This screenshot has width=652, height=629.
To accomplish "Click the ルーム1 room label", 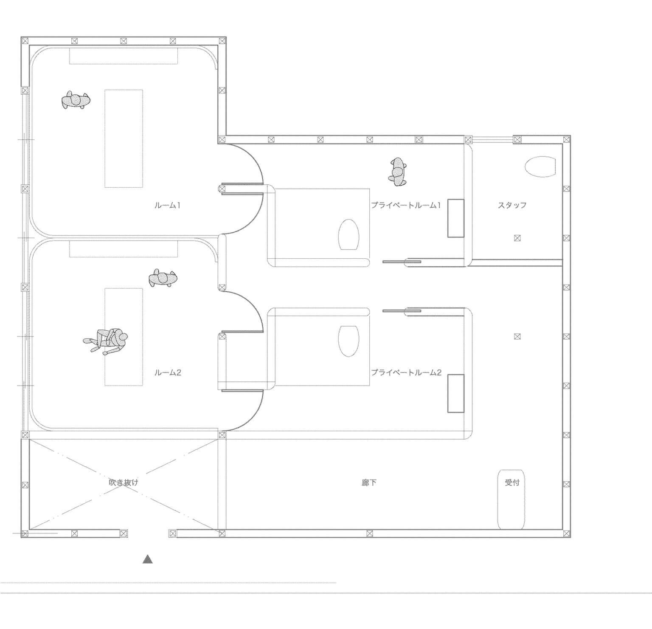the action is [x=168, y=206].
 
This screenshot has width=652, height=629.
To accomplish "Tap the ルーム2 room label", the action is [x=168, y=373].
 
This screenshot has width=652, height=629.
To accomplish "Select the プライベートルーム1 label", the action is [x=406, y=205].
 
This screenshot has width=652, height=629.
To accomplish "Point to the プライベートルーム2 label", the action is [x=406, y=372].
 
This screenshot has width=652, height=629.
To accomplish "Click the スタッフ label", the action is [x=512, y=205].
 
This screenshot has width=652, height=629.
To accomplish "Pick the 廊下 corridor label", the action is [x=369, y=482].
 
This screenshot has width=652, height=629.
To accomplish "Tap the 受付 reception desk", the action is [x=511, y=499].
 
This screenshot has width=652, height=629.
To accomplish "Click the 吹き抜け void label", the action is [x=124, y=482].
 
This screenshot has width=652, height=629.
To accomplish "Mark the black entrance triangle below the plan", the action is [x=147, y=559].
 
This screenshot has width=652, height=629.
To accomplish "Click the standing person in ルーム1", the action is [x=76, y=100].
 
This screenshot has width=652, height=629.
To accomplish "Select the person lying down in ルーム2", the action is [x=106, y=339].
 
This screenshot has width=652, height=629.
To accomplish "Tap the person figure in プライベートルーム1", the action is [x=398, y=172].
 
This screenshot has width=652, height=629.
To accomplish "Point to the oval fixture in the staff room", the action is [x=540, y=166].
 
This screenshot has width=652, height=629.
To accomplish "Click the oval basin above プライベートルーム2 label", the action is [x=348, y=341].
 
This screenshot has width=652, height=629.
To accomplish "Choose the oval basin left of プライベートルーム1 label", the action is [x=348, y=234].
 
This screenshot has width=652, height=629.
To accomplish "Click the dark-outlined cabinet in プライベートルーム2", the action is [x=455, y=393].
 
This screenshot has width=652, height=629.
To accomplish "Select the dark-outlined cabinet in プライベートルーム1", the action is [x=455, y=218].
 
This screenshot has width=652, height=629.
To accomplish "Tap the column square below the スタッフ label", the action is [x=517, y=238].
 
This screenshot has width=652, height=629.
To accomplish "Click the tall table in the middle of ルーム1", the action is [x=124, y=138].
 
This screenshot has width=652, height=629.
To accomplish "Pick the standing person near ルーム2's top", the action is [x=163, y=278].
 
